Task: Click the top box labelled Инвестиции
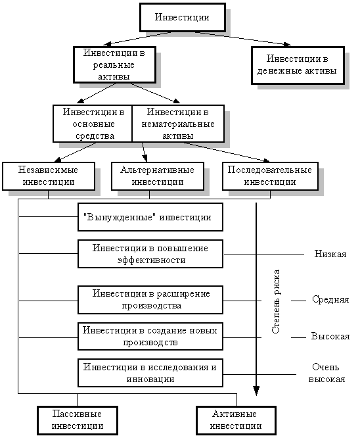(183, 16)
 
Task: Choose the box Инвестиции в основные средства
(93, 123)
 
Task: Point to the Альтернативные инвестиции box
(157, 176)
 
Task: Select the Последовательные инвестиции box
(266, 176)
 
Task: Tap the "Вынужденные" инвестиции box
(150, 217)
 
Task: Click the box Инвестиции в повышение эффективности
(150, 254)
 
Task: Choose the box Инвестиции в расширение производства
(150, 300)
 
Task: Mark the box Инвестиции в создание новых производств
(150, 336)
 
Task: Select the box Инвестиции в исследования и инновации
(150, 373)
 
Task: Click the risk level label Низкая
(330, 254)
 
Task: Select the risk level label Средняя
(330, 300)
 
